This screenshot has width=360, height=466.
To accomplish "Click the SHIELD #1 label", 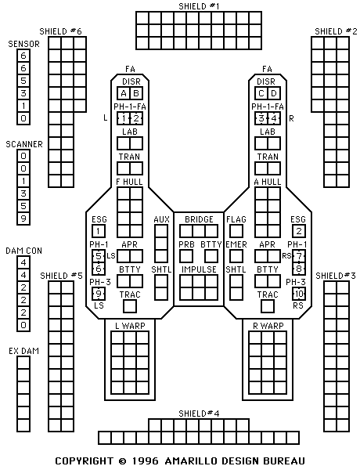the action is (x=199, y=6).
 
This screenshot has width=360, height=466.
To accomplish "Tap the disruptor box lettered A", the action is (x=124, y=94).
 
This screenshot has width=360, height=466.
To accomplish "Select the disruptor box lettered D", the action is (x=274, y=94).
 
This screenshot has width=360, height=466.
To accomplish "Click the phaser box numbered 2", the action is (x=136, y=118).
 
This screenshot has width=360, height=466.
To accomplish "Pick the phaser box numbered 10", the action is (x=299, y=294).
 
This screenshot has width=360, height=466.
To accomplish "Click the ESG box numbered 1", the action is (x=99, y=231).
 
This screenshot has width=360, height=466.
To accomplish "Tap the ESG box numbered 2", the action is (x=299, y=231).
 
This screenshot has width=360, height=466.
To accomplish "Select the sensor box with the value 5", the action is (x=23, y=81).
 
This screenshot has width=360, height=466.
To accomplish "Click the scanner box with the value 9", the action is (x=23, y=219).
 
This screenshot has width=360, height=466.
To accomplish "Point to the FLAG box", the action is (x=236, y=231).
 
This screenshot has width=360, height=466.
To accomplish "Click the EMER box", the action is (x=236, y=256).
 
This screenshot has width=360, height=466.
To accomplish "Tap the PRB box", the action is (x=186, y=256).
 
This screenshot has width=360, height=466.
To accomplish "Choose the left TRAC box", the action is (x=130, y=306).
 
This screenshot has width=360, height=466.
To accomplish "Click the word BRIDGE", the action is (x=199, y=219).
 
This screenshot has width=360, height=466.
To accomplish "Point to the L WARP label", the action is (x=130, y=326).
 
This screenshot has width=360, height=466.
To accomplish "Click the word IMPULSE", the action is (x=199, y=269).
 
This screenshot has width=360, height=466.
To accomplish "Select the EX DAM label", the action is (x=23, y=351).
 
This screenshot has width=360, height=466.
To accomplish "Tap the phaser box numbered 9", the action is (x=99, y=294).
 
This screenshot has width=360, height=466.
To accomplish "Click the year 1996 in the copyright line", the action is (x=145, y=461).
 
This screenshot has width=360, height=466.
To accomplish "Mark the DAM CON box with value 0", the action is (x=23, y=325).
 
